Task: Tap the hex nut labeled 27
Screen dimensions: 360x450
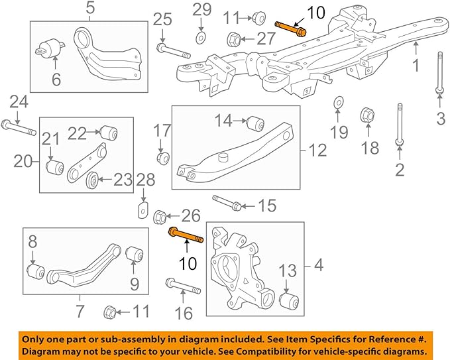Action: click(233, 38)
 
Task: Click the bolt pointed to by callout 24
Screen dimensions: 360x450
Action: click(19, 127)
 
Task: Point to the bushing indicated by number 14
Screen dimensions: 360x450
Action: click(257, 123)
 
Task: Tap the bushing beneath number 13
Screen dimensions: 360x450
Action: click(288, 302)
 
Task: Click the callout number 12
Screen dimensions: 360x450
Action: click(317, 151)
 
